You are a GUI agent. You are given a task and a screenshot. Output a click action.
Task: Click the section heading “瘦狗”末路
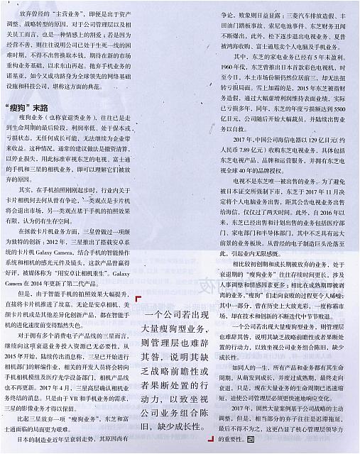28,106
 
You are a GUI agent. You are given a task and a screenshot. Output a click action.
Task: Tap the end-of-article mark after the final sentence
251,441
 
